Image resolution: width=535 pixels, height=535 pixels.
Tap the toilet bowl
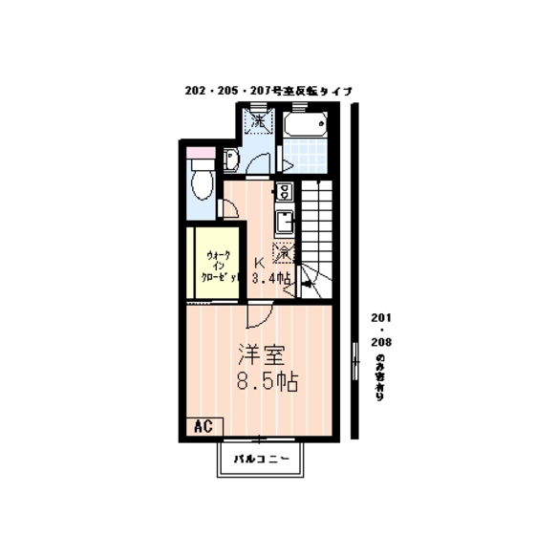201,182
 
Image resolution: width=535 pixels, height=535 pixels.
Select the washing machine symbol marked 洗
257,122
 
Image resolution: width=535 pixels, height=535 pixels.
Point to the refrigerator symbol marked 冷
284,253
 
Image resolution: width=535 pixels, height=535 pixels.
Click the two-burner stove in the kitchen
284,190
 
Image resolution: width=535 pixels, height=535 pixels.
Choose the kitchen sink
284,223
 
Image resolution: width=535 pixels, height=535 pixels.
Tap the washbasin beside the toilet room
230,160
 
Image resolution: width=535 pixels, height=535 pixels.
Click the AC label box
202,425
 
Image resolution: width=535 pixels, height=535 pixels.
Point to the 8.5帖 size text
267,381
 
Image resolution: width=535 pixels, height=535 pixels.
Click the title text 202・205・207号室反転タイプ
268,91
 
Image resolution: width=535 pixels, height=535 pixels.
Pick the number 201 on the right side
381,319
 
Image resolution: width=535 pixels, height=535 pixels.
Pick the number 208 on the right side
381,341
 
